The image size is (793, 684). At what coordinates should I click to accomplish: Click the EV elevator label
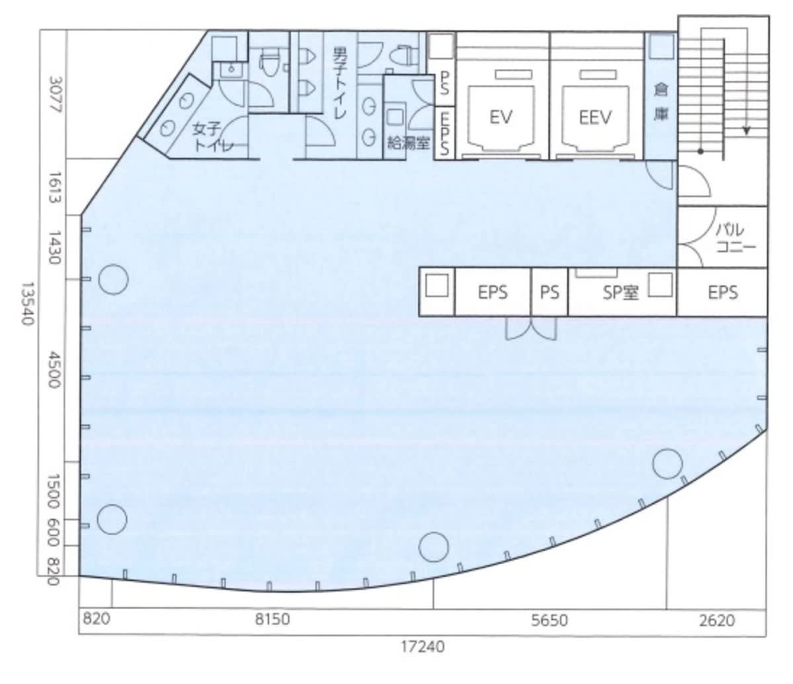click(x=501, y=117)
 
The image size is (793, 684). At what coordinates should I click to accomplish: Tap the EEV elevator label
click(x=595, y=117)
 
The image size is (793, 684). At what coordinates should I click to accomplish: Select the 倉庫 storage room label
click(x=661, y=102)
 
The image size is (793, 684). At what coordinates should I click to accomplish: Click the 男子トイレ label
click(x=340, y=83)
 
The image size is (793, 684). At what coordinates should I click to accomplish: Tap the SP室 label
click(x=620, y=292)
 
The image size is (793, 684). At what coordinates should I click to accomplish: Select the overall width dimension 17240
click(x=423, y=646)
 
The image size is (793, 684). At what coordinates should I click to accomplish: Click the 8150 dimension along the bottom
click(x=272, y=619)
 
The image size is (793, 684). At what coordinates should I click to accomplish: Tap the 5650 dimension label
click(x=549, y=620)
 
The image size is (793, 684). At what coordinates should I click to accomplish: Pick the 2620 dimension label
click(x=717, y=620)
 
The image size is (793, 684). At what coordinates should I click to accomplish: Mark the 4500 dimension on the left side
click(x=55, y=370)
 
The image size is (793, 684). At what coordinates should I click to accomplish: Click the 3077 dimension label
click(x=56, y=95)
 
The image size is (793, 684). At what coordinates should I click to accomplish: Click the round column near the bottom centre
click(x=434, y=547)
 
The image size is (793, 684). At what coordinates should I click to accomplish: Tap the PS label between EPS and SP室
click(x=549, y=292)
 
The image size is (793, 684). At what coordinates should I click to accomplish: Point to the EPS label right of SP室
click(x=722, y=292)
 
